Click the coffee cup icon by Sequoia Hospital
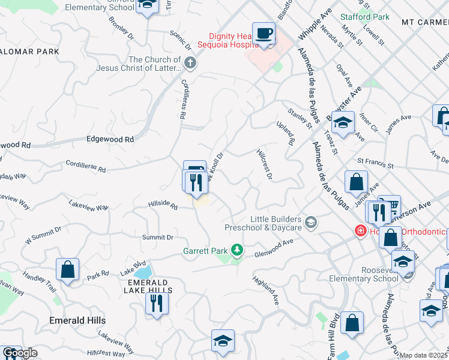[x=264, y=33]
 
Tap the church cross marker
[x=190, y=62]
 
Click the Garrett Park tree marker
[x=238, y=249]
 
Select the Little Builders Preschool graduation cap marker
[x=310, y=223]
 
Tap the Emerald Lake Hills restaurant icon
[x=157, y=302]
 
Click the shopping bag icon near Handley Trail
[x=68, y=269]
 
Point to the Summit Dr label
[x=158, y=238]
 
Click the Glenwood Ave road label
[x=273, y=247]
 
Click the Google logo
[x=20, y=353]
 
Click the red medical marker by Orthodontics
[x=361, y=231]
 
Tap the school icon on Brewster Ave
[x=343, y=124]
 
